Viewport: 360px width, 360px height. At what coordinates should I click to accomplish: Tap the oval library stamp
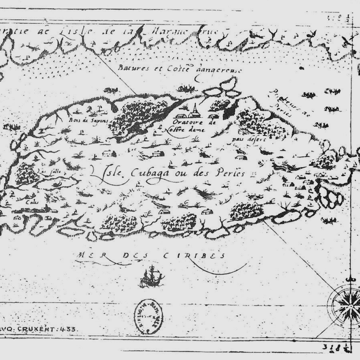coord(148,316)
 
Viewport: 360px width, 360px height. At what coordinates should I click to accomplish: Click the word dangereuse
coord(219,70)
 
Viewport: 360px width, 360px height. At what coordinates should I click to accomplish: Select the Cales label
coord(31,202)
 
